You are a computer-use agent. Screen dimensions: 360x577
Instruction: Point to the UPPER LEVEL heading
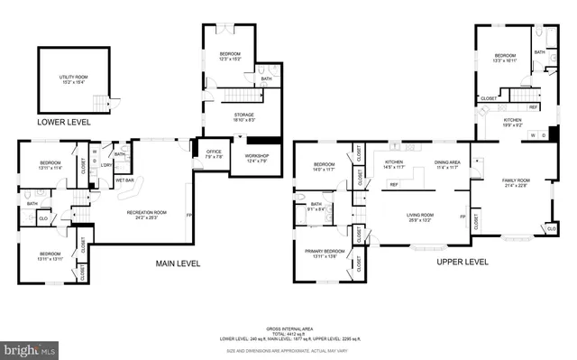coord(463,263)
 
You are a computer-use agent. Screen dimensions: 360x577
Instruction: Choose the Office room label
coord(214,154)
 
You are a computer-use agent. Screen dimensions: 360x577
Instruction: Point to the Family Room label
coord(516,183)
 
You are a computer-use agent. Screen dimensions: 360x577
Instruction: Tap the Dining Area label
coord(448,165)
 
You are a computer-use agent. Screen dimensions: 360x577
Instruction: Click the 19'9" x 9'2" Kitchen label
coord(512,122)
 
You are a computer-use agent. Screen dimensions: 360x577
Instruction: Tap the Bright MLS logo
coord(31,346)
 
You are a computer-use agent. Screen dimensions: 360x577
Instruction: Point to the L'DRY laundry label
coord(105,165)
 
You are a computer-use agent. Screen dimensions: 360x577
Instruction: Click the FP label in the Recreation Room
coord(189,217)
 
